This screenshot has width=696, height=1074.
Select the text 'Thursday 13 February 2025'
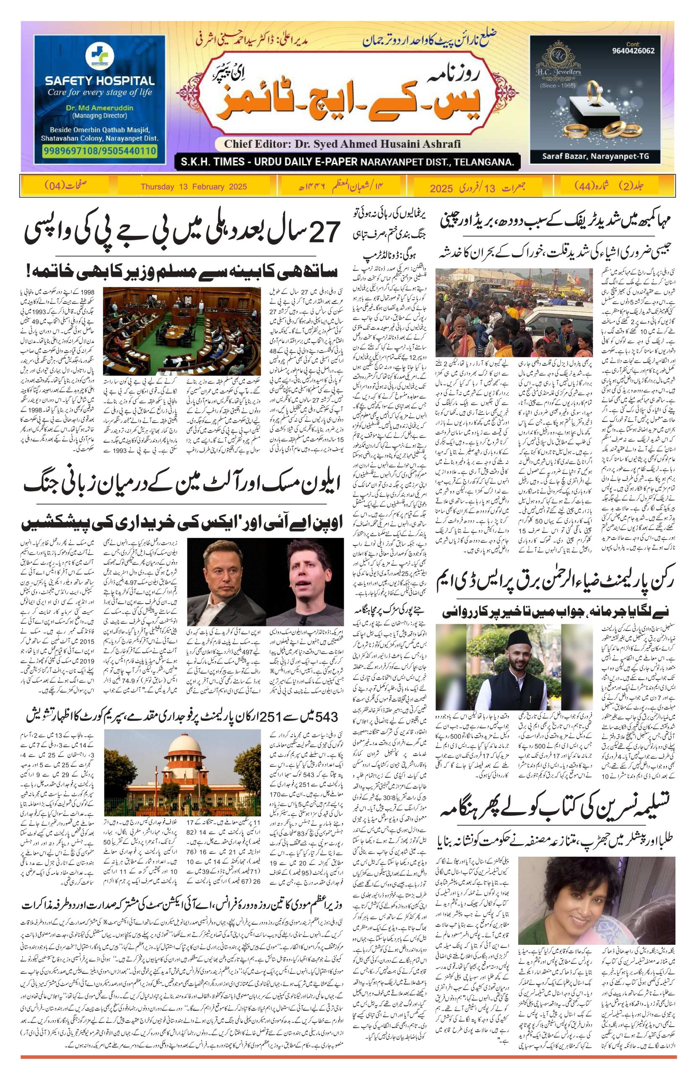pos(194,186)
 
